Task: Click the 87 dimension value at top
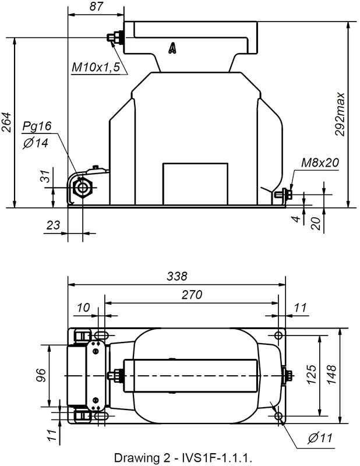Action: tap(97, 6)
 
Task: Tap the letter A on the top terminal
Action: tap(172, 48)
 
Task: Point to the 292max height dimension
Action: tap(341, 115)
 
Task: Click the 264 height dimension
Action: tap(6, 122)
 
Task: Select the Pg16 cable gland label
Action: tap(37, 126)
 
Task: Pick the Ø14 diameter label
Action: tap(36, 143)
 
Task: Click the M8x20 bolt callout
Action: tap(319, 163)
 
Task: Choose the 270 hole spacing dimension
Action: tap(191, 295)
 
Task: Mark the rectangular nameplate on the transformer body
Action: tap(195, 183)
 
